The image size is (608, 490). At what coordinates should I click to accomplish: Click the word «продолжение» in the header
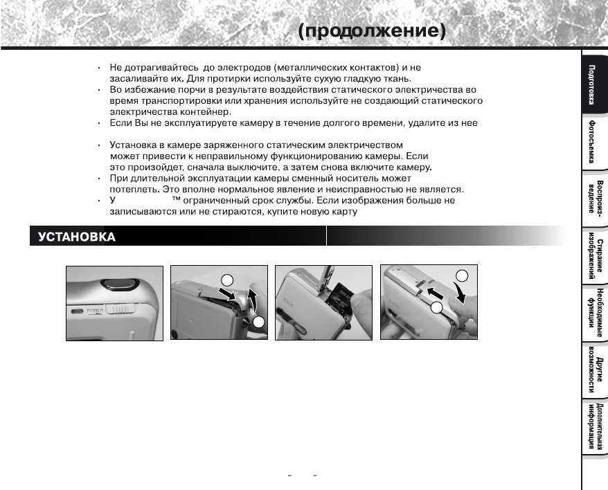(x=371, y=32)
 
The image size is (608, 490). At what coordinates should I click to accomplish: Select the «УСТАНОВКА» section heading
(x=73, y=237)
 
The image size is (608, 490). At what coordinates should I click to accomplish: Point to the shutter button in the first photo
(x=116, y=282)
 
